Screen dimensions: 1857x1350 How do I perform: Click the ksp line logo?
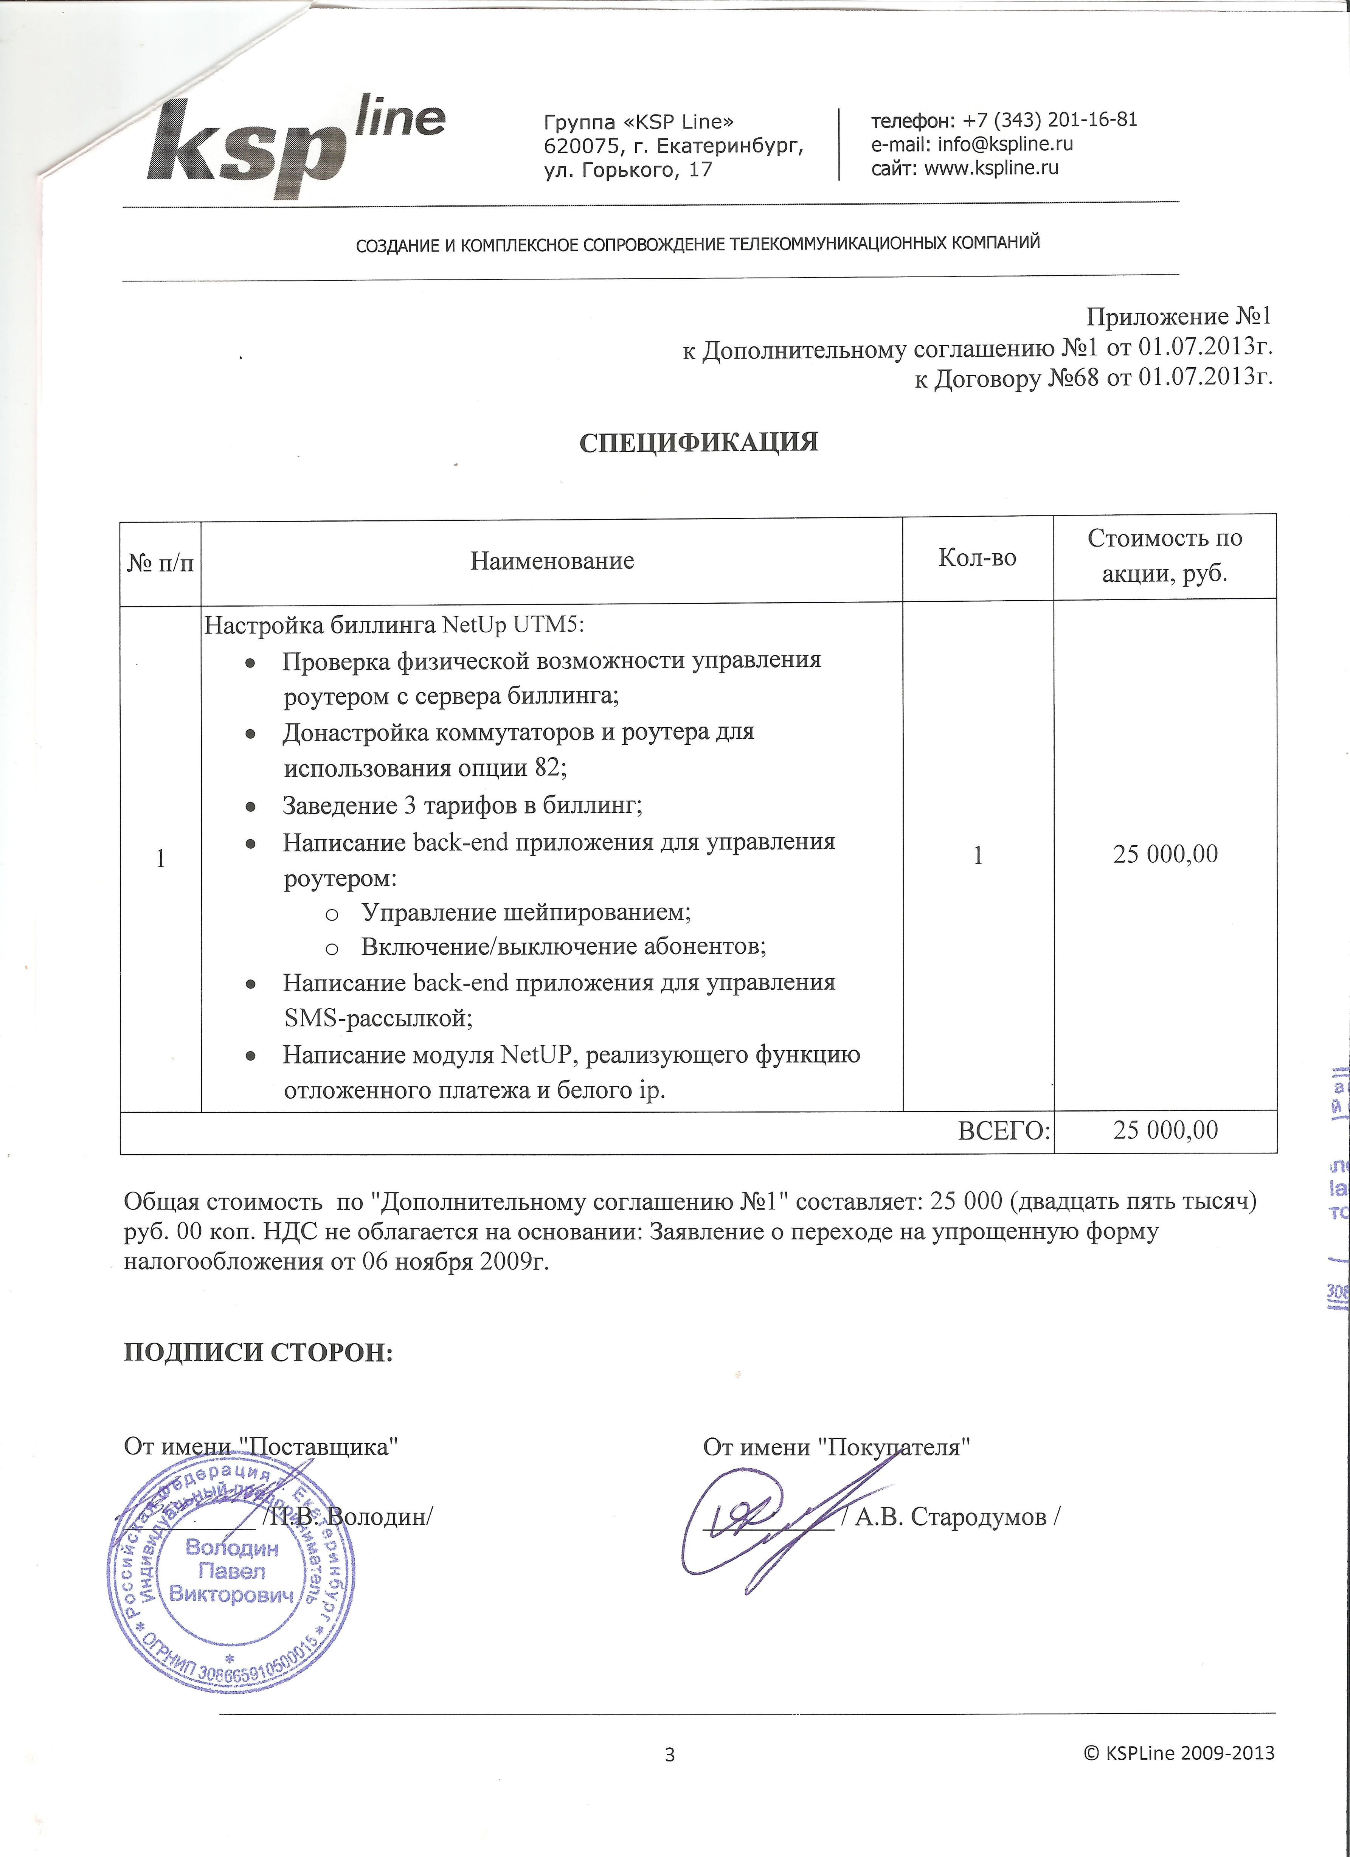[295, 148]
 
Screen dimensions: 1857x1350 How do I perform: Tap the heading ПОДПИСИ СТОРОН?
[259, 1352]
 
